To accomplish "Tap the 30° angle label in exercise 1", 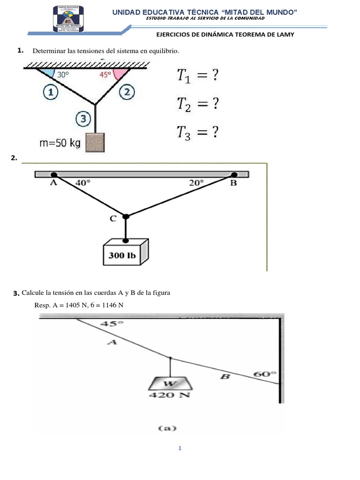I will click(x=62, y=74).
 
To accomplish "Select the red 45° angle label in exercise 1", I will click(x=105, y=74).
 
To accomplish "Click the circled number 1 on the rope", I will click(x=50, y=92).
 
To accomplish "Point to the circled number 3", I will click(x=83, y=120).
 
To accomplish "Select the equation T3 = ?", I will click(x=197, y=133).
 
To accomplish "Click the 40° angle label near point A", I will click(x=82, y=183).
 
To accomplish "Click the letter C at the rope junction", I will click(x=112, y=218).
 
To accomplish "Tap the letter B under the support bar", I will click(x=233, y=184).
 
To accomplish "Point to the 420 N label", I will click(x=169, y=395).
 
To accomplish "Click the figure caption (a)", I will click(x=167, y=428).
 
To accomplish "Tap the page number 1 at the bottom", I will click(x=180, y=449).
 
